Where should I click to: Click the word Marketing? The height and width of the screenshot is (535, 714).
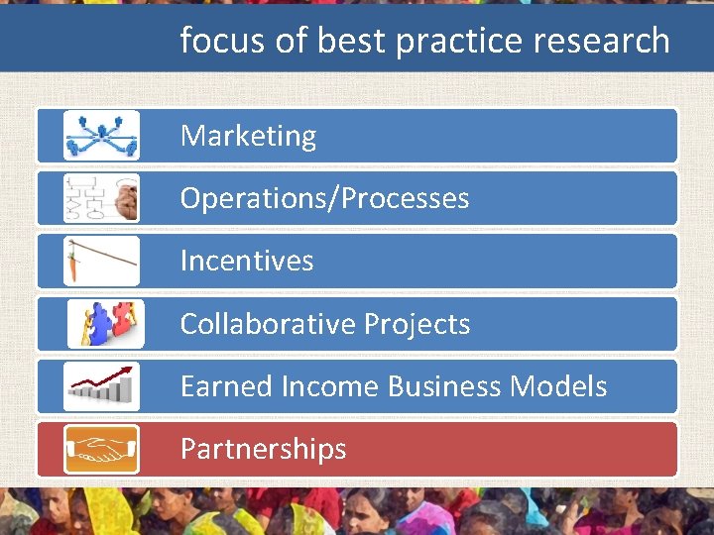(248, 136)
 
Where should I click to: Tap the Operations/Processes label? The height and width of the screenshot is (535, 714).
(324, 198)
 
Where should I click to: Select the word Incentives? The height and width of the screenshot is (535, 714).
(247, 261)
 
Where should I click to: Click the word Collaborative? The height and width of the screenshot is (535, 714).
(268, 324)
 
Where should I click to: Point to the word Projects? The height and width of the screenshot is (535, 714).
(417, 324)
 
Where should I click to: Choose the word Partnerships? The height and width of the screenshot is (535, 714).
(263, 449)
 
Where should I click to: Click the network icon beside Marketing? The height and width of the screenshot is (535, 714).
(101, 136)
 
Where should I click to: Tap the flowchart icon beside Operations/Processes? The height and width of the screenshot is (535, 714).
(101, 198)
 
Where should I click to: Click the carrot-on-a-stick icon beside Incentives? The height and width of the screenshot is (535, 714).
(101, 261)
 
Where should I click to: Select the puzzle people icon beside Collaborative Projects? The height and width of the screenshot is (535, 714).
(105, 324)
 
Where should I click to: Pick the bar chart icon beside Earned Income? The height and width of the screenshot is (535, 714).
(101, 386)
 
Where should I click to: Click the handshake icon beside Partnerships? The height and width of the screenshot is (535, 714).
(101, 449)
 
